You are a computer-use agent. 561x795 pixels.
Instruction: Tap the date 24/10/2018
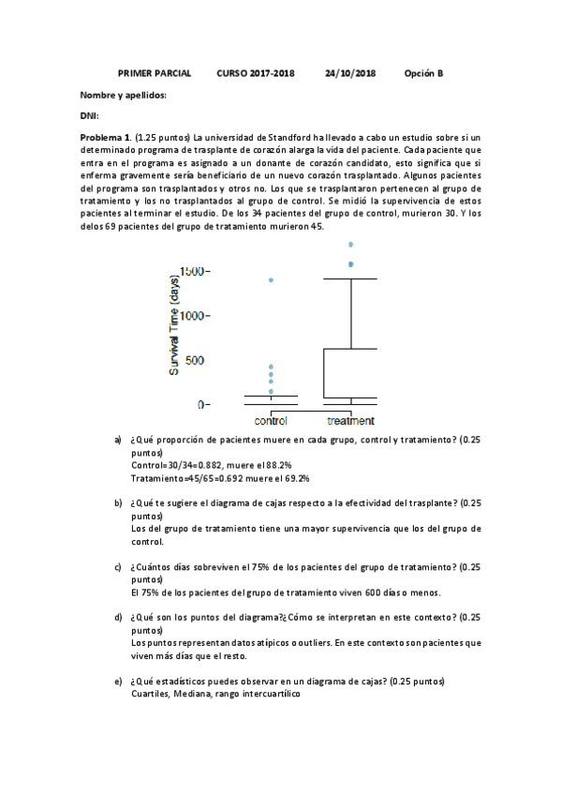coord(350,72)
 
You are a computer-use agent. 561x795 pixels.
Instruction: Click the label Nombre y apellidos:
coord(123,95)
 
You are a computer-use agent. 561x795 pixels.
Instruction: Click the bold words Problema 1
coord(106,137)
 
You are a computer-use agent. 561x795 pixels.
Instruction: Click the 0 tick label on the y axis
coord(199,405)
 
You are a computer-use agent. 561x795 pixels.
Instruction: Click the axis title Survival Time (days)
coord(174,324)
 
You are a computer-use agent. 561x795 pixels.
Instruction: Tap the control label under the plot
coord(271,421)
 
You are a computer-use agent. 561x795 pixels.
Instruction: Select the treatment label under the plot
coord(350,421)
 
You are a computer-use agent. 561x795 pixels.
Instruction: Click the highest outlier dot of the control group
coord(271,279)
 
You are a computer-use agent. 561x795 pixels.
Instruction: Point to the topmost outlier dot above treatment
coord(351,244)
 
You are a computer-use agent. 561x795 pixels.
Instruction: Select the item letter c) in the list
coord(118,567)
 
